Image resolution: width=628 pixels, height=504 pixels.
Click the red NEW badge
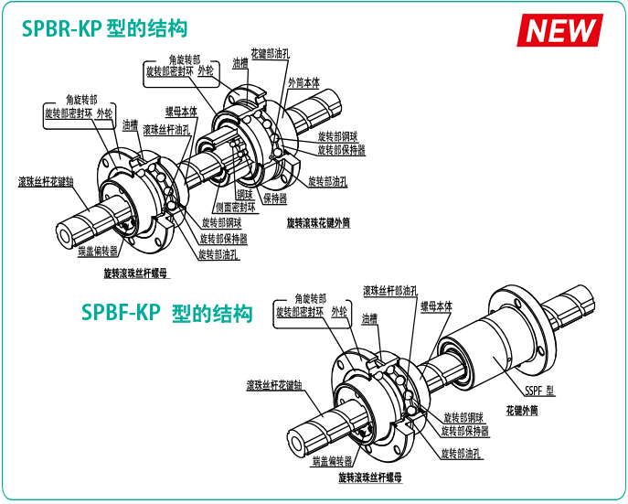point(560,29)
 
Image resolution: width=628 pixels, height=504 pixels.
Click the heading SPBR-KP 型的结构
point(105,29)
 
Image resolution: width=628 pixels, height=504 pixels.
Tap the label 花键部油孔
point(270,54)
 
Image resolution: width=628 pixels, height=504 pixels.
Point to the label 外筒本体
point(303,81)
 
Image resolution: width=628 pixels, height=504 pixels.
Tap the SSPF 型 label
point(539,391)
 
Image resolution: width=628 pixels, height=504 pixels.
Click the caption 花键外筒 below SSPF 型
point(521,411)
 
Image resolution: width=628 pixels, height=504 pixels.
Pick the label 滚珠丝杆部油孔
point(389,290)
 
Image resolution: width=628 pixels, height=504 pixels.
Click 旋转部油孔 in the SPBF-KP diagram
point(462,453)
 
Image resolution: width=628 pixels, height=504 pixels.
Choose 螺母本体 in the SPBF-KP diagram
point(436,306)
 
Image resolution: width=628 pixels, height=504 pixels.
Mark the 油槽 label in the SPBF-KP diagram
point(369,319)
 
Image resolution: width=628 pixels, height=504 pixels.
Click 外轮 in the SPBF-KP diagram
point(340,311)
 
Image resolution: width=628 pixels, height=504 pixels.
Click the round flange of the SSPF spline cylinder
point(523,320)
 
